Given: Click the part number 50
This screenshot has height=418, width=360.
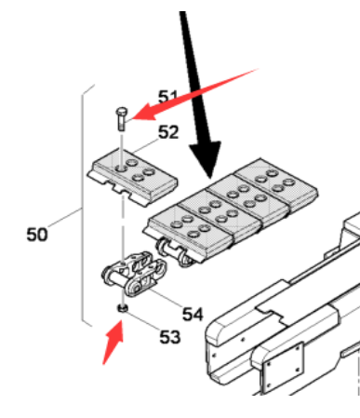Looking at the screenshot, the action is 37,235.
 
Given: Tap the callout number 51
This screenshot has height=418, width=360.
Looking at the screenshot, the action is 167,97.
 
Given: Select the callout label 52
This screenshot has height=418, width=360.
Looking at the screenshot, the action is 168,132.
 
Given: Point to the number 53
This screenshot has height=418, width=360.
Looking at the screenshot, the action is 170,337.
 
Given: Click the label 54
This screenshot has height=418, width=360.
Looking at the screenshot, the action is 193,314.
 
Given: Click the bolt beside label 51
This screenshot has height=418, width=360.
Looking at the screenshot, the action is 122,119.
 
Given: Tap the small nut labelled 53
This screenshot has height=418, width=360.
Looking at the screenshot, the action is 123,308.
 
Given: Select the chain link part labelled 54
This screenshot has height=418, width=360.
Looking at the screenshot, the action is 134,274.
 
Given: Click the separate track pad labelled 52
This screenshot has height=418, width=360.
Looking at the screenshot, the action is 132,177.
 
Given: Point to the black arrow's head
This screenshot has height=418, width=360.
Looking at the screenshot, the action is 207,158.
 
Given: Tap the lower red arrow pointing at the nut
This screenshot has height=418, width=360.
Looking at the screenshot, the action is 113,342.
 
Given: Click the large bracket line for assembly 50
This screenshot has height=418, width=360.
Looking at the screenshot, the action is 83,205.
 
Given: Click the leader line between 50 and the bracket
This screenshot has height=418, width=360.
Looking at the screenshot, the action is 65,219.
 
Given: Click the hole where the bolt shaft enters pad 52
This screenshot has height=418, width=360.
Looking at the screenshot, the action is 121,169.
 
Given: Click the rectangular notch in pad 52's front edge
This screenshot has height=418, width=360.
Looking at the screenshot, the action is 120,189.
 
